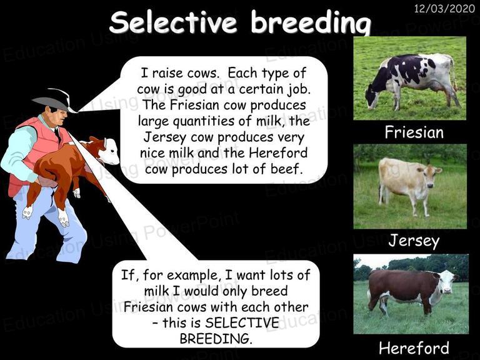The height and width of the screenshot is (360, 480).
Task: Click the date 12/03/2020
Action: pyautogui.click(x=444, y=8)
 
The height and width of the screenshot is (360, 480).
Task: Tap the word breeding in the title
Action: pyautogui.click(x=311, y=23)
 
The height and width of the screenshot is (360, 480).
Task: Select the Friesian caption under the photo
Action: pyautogui.click(x=414, y=132)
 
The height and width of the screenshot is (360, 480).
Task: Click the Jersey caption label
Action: pyautogui.click(x=414, y=241)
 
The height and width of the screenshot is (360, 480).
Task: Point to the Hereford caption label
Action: pyautogui.click(x=414, y=348)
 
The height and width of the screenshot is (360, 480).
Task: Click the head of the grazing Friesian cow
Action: pyautogui.click(x=372, y=97)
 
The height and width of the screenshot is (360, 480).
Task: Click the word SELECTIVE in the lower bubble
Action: pyautogui.click(x=242, y=322)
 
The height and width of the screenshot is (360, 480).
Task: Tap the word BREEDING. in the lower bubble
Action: pyautogui.click(x=216, y=339)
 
